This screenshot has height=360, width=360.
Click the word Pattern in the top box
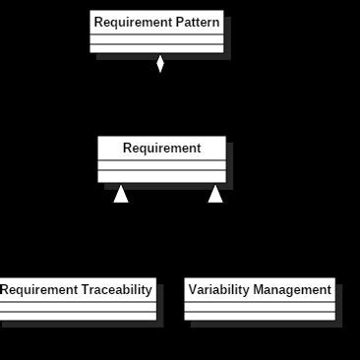pyautogui.click(x=192, y=22)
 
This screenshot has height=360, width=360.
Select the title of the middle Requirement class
pyautogui.click(x=161, y=149)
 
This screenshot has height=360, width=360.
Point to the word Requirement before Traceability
pyautogui.click(x=36, y=289)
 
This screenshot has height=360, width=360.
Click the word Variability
pyautogui.click(x=218, y=289)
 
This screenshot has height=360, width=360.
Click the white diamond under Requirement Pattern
pyautogui.click(x=160, y=64)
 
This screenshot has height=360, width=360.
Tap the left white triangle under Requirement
pyautogui.click(x=121, y=194)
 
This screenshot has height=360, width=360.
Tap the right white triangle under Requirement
pyautogui.click(x=214, y=194)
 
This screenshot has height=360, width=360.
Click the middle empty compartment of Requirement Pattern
pyautogui.click(x=156, y=39)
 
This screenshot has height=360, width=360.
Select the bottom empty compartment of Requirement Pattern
pyautogui.click(x=156, y=48)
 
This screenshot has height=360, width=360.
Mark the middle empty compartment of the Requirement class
pyautogui.click(x=161, y=166)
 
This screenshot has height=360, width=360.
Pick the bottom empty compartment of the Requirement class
pyautogui.click(x=161, y=177)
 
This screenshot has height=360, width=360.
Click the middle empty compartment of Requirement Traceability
pyautogui.click(x=78, y=306)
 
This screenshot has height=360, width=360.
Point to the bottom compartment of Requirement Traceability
pyautogui.click(x=78, y=316)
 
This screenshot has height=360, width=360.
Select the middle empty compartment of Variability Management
pyautogui.click(x=260, y=306)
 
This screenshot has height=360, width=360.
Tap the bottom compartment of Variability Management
pyautogui.click(x=260, y=316)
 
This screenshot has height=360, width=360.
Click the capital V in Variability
pyautogui.click(x=193, y=289)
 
